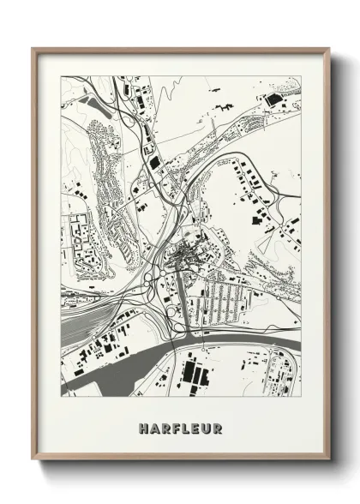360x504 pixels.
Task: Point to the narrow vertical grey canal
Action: (180, 300)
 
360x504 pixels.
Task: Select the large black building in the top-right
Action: (275, 100)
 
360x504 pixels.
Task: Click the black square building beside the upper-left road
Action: (155, 159)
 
